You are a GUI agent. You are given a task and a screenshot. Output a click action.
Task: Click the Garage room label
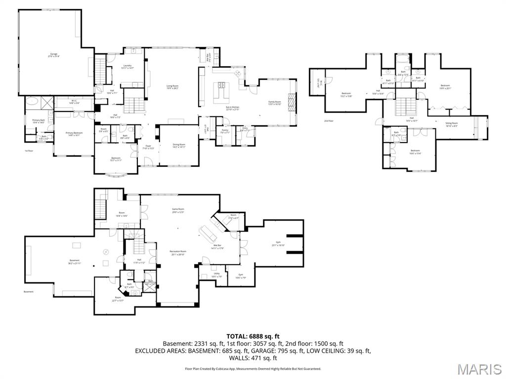53,55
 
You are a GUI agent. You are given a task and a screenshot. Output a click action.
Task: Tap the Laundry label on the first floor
127,67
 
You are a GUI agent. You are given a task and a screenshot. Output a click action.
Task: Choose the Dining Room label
178,146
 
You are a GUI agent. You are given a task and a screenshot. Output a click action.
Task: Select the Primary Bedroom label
74,134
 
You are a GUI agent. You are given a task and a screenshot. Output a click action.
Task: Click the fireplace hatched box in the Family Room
291,104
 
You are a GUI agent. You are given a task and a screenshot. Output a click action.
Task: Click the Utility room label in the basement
216,275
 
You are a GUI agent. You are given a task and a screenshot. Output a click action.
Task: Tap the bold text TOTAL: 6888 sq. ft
253,337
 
